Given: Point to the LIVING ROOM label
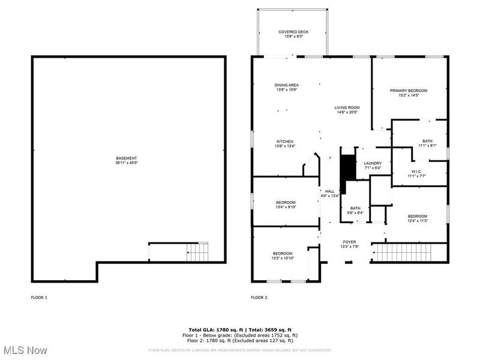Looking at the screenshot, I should click(347, 110).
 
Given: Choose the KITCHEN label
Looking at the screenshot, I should click(284, 144).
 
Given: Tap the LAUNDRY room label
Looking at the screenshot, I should click(373, 166).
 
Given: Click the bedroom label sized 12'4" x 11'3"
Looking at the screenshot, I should click(417, 218).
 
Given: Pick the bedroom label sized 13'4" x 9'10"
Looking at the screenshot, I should click(286, 205).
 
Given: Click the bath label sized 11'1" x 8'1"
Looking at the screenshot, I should click(427, 143).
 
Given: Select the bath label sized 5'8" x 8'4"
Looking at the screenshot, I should click(355, 210).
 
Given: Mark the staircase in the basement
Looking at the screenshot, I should click(198, 253).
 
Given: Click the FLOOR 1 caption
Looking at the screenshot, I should click(39, 298).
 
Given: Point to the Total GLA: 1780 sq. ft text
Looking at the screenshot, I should click(215, 330).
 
